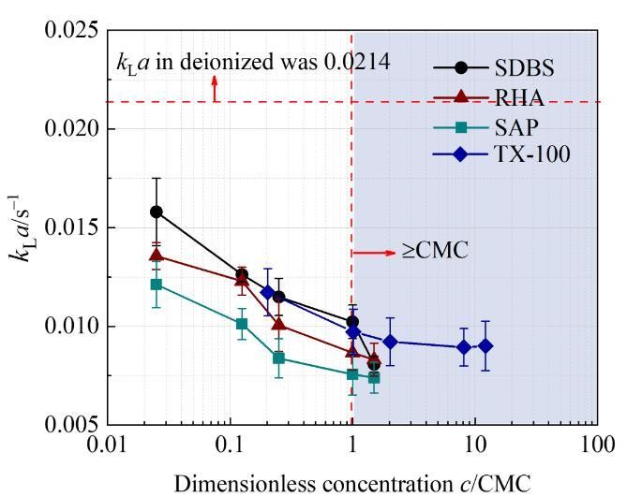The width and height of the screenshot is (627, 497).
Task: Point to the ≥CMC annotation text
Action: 434,252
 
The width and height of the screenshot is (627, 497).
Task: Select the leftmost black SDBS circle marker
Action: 157,212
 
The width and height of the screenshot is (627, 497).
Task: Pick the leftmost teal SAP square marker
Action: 157,284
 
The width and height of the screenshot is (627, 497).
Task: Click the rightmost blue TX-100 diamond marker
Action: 485,346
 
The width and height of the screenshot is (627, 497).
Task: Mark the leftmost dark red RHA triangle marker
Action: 157,255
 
